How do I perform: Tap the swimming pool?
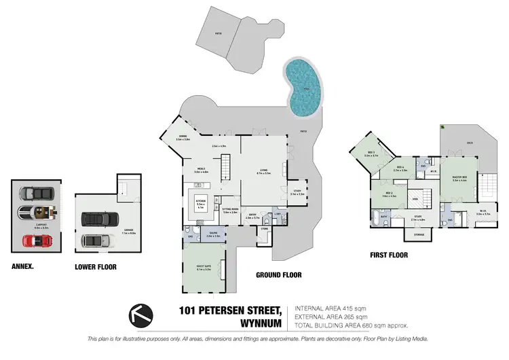300,87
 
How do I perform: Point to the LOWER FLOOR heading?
95,267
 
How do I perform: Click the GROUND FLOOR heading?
278,275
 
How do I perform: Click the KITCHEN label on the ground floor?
201,202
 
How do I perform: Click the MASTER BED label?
460,178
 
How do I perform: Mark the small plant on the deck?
443,127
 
